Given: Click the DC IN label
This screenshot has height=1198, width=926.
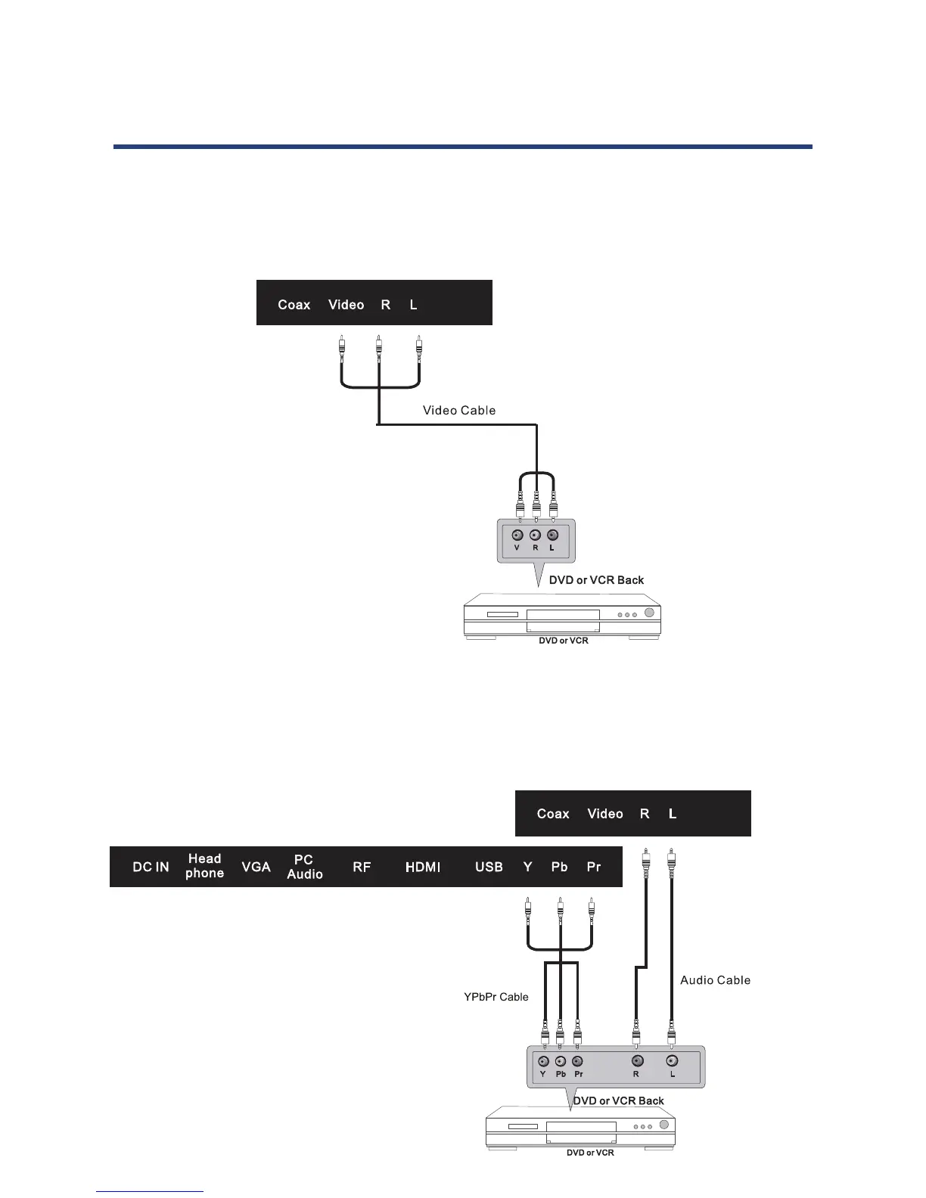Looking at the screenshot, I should pos(151,867).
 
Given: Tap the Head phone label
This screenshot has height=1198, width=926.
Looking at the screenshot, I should pos(204,866).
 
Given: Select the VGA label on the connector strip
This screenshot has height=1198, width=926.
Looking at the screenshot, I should pos(256,867).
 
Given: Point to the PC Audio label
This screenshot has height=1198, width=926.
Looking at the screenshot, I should pos(304,867).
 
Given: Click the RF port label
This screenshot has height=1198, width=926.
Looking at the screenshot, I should pos(362,867).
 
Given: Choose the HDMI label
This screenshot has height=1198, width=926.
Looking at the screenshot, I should pos(422,867).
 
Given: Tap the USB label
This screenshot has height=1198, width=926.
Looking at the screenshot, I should pos(489,867).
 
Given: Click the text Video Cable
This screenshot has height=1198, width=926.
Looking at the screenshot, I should pos(459,411).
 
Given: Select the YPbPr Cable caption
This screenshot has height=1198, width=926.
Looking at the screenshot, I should pos(496,997).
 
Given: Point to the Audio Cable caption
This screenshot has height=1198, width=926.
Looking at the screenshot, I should pos(715,980).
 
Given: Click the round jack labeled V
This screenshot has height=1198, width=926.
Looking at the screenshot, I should pos(518,535).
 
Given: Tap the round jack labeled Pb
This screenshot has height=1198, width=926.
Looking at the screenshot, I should pos(561,1061).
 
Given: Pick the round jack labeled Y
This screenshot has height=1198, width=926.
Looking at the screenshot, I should pos(543,1061).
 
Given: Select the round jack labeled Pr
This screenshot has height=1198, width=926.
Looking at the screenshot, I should pos(578,1061).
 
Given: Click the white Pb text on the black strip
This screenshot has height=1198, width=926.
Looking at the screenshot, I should pos(559,867).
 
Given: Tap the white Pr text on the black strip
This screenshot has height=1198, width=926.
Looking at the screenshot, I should pos(594,867).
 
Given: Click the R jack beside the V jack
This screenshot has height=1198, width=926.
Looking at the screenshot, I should pos(536,535).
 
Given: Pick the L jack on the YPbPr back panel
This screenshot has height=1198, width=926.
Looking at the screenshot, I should pos(672,1061).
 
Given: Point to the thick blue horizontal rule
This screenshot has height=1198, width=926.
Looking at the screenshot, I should pos(462,147).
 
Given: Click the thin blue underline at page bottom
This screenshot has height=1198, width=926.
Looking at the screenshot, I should pos(150,1191).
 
